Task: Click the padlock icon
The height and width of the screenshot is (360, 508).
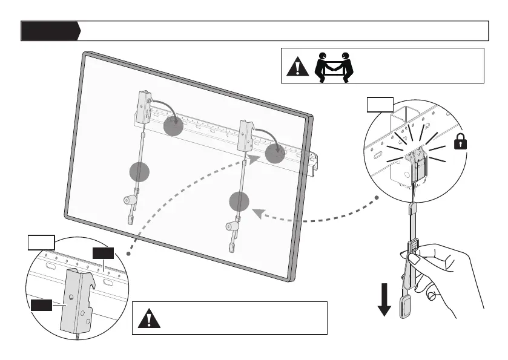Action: click(x=461, y=143)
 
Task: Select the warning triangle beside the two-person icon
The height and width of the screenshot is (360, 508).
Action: click(x=297, y=66)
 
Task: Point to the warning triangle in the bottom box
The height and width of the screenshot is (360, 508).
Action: click(x=149, y=318)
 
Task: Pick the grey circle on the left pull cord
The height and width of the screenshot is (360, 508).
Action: click(x=140, y=172)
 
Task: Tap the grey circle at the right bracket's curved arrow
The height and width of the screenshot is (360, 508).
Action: click(x=275, y=154)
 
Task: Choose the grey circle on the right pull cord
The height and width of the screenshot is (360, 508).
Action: click(x=240, y=201)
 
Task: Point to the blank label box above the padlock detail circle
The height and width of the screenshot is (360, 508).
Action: click(x=380, y=105)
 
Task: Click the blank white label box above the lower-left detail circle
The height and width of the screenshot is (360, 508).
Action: click(x=42, y=243)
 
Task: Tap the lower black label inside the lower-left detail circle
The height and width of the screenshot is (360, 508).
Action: click(x=42, y=306)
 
